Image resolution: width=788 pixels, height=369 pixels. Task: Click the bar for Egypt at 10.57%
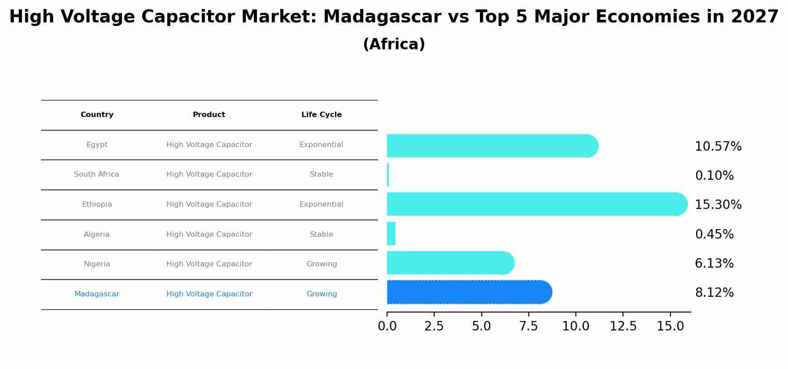(492, 146)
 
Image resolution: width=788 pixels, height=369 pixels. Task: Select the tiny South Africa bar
(388, 175)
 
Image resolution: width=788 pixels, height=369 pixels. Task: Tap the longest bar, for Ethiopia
(536, 204)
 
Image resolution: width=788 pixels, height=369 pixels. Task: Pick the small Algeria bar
(391, 234)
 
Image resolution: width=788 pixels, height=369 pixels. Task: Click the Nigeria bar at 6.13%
(450, 263)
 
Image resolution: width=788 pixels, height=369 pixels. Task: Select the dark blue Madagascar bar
(469, 292)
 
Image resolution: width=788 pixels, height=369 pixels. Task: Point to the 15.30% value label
(718, 205)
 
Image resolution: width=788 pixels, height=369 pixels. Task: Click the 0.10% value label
(714, 176)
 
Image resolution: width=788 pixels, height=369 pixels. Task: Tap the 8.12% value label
(714, 293)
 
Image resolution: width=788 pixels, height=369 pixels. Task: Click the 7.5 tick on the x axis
(528, 326)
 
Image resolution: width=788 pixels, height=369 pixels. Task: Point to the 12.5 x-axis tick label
(623, 326)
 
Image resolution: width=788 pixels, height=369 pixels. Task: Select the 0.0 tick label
(387, 326)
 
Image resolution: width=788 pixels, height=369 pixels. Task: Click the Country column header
(97, 115)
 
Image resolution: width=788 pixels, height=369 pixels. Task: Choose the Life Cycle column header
(322, 115)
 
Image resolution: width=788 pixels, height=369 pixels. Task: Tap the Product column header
(209, 115)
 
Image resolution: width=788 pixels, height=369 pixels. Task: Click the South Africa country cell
(97, 174)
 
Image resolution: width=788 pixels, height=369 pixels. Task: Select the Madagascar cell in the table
(97, 294)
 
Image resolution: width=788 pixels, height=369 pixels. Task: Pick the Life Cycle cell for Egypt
(321, 145)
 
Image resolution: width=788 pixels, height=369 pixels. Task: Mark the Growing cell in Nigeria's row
(322, 264)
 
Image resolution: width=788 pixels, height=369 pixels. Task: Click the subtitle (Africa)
(394, 44)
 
